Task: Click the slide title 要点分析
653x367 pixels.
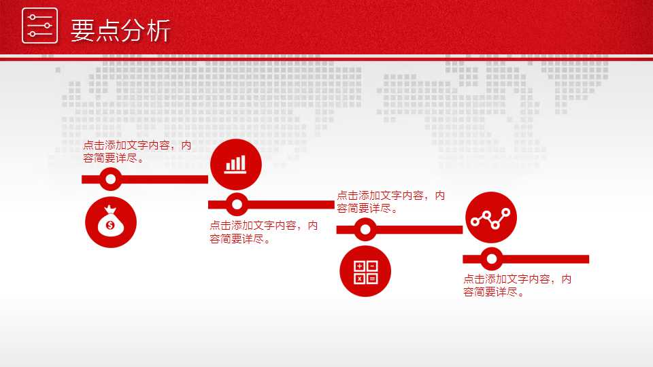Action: pos(121,31)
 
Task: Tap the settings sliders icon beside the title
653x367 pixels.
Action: pos(39,25)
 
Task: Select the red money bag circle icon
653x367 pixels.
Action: pos(111,222)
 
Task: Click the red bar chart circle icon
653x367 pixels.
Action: pos(236,164)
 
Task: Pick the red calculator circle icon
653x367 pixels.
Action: pos(365,271)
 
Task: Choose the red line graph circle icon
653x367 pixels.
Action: pos(491,217)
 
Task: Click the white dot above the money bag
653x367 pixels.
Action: pos(110,179)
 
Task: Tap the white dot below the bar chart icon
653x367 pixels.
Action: pos(237,205)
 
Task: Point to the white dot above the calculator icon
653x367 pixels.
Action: pos(365,229)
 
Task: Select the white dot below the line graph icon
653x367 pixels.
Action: pos(491,259)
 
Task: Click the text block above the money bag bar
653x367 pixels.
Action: pos(137,152)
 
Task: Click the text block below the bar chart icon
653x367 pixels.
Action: pos(264,232)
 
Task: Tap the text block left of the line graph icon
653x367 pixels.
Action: pos(390,202)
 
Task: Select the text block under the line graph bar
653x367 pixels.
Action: pos(517,285)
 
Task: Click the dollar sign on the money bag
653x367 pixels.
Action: pos(110,226)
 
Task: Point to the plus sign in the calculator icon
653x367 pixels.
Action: pos(359,266)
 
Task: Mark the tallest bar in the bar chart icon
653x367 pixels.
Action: pos(244,162)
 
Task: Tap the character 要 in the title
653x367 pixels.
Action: pos(82,31)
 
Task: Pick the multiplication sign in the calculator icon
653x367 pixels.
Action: pos(359,279)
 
